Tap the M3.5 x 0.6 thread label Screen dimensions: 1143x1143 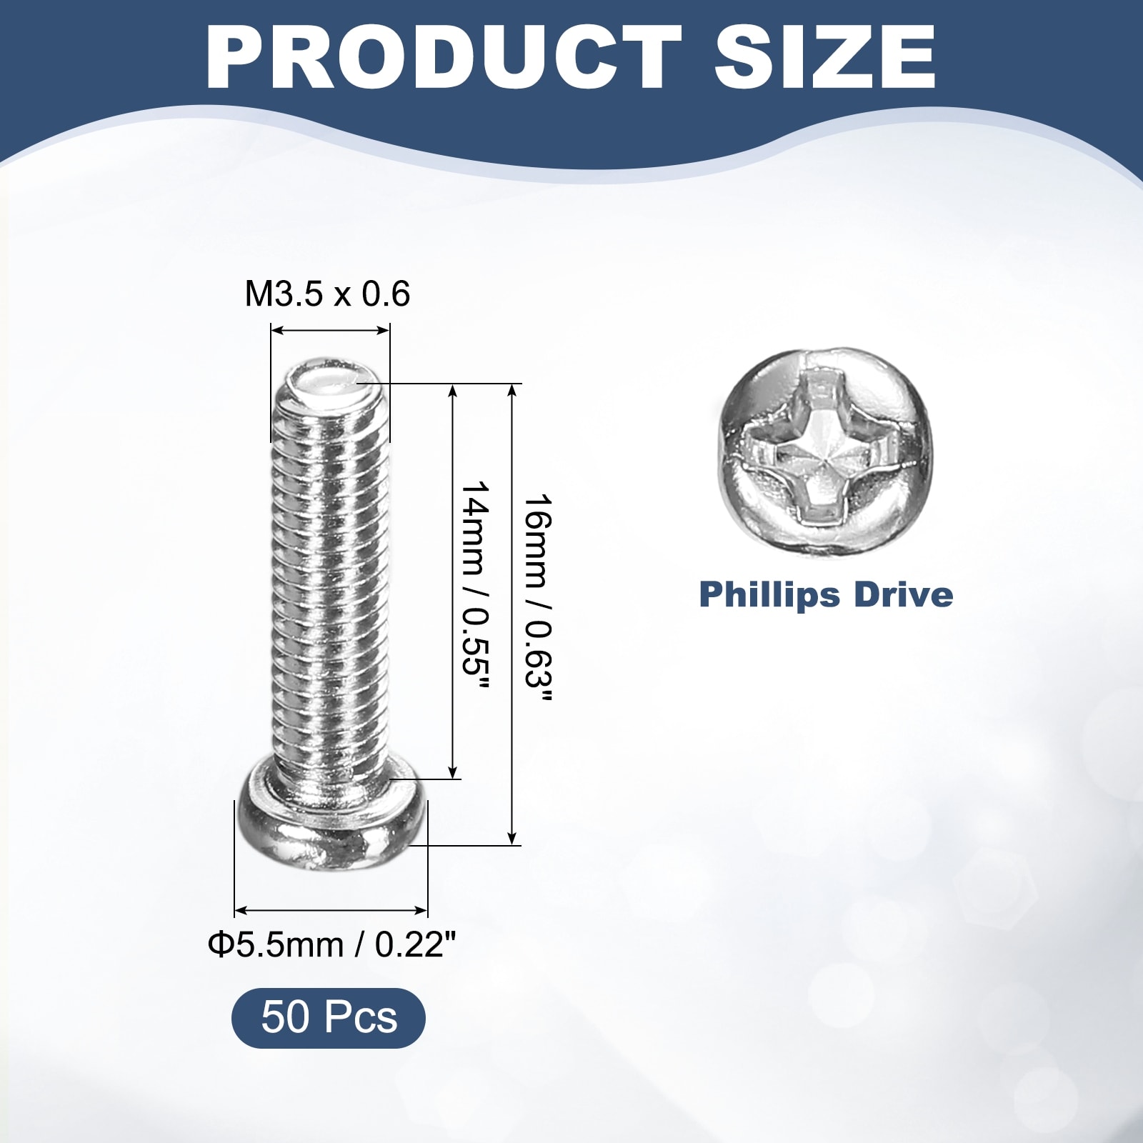pos(327,294)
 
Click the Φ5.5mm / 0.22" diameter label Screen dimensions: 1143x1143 pos(331,945)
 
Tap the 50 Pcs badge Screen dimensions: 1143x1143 pos(329,1017)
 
